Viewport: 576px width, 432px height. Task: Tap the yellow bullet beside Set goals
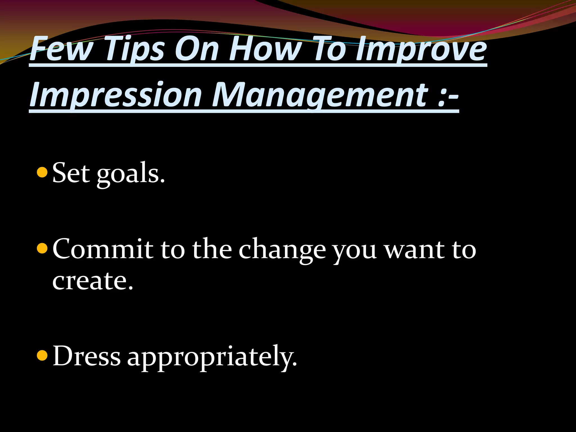point(42,172)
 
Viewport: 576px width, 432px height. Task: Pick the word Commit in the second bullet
point(103,249)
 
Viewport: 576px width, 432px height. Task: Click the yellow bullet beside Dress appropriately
point(42,355)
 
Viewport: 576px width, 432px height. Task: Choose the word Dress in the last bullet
point(87,356)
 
